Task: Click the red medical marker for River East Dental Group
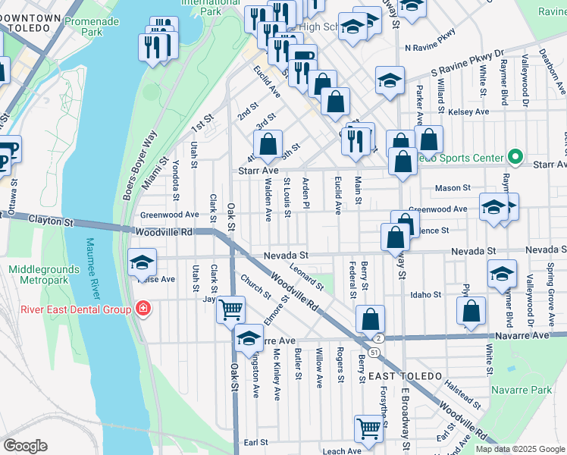[x=142, y=309]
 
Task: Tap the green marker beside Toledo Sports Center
[x=515, y=158]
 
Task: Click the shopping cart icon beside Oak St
[x=231, y=309]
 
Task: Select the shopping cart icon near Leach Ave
[x=368, y=428]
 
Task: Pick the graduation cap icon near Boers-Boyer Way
[x=141, y=262]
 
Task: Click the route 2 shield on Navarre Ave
[x=378, y=337]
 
